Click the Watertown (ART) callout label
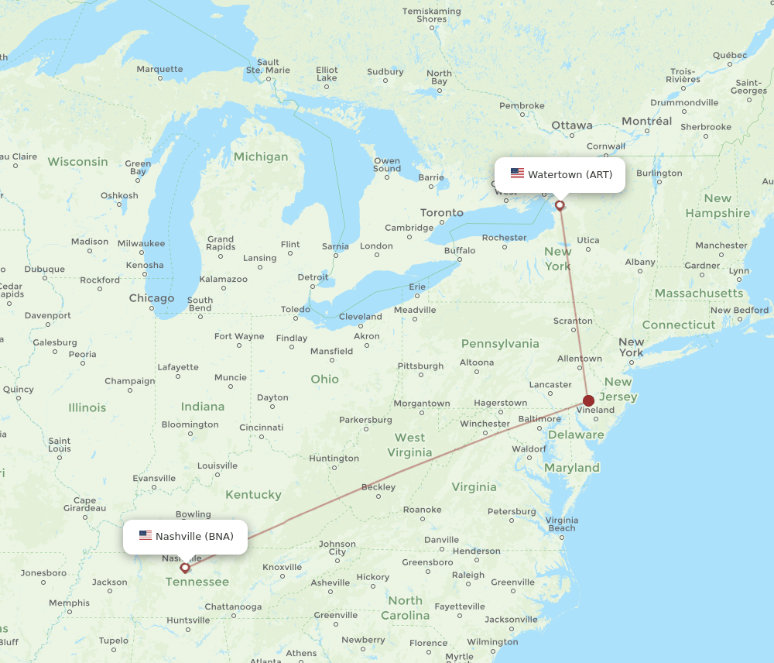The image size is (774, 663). [x=570, y=175]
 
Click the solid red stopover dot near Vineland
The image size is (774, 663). [x=589, y=400]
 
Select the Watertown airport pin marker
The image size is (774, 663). [x=560, y=205]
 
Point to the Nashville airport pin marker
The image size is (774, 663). [x=184, y=567]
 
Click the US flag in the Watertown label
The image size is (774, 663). [x=517, y=174]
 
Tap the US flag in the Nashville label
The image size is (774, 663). [x=146, y=536]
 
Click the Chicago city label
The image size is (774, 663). [x=152, y=298]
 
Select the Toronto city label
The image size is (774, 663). [x=442, y=212]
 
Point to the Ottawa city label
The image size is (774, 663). [x=572, y=125]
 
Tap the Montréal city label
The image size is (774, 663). [x=647, y=122]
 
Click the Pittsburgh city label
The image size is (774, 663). [x=420, y=366]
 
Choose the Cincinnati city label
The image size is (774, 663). [x=261, y=427]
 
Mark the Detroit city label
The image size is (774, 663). [x=313, y=277]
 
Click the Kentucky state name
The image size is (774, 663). [x=254, y=494]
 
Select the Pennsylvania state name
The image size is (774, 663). [x=500, y=343]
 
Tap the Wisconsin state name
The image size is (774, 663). [x=77, y=162]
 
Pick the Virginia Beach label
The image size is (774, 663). [x=561, y=524]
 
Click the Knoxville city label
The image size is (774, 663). [x=282, y=567]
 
